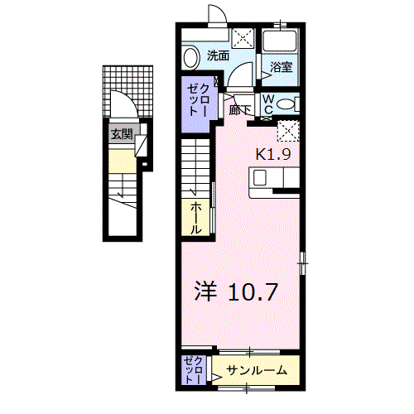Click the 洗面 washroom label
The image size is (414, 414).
219,56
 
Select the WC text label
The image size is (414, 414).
269,103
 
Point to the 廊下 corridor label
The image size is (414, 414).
240,108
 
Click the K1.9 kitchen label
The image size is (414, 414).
272,153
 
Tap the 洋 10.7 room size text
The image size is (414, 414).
235,291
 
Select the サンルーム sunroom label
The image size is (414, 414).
257,370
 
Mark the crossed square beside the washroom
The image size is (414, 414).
243,37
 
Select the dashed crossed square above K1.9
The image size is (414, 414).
287,131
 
